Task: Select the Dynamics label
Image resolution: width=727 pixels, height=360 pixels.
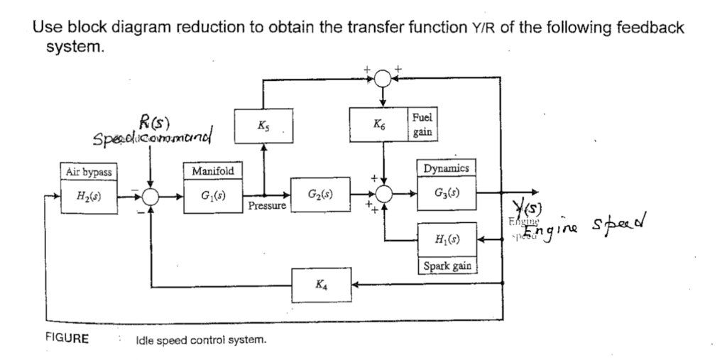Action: pyautogui.click(x=445, y=168)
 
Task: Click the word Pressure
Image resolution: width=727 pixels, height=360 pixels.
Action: pyautogui.click(x=267, y=207)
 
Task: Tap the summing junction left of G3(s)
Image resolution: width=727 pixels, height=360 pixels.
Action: pyautogui.click(x=383, y=192)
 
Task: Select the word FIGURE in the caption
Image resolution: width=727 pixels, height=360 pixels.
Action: pyautogui.click(x=67, y=339)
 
